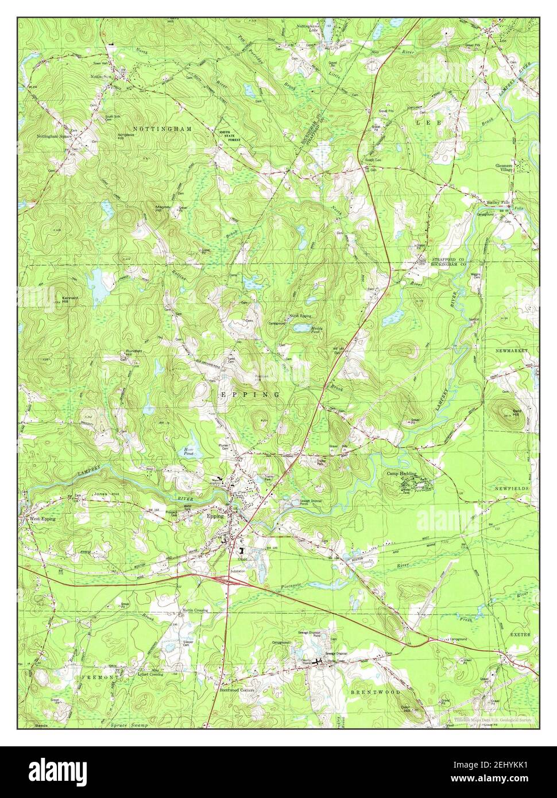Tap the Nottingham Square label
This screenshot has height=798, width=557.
pyautogui.click(x=54, y=137)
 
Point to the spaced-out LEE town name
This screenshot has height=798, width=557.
pyautogui.click(x=428, y=123)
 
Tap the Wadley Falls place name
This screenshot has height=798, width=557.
pyautogui.click(x=497, y=203)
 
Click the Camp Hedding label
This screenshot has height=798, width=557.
pyautogui.click(x=401, y=474)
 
